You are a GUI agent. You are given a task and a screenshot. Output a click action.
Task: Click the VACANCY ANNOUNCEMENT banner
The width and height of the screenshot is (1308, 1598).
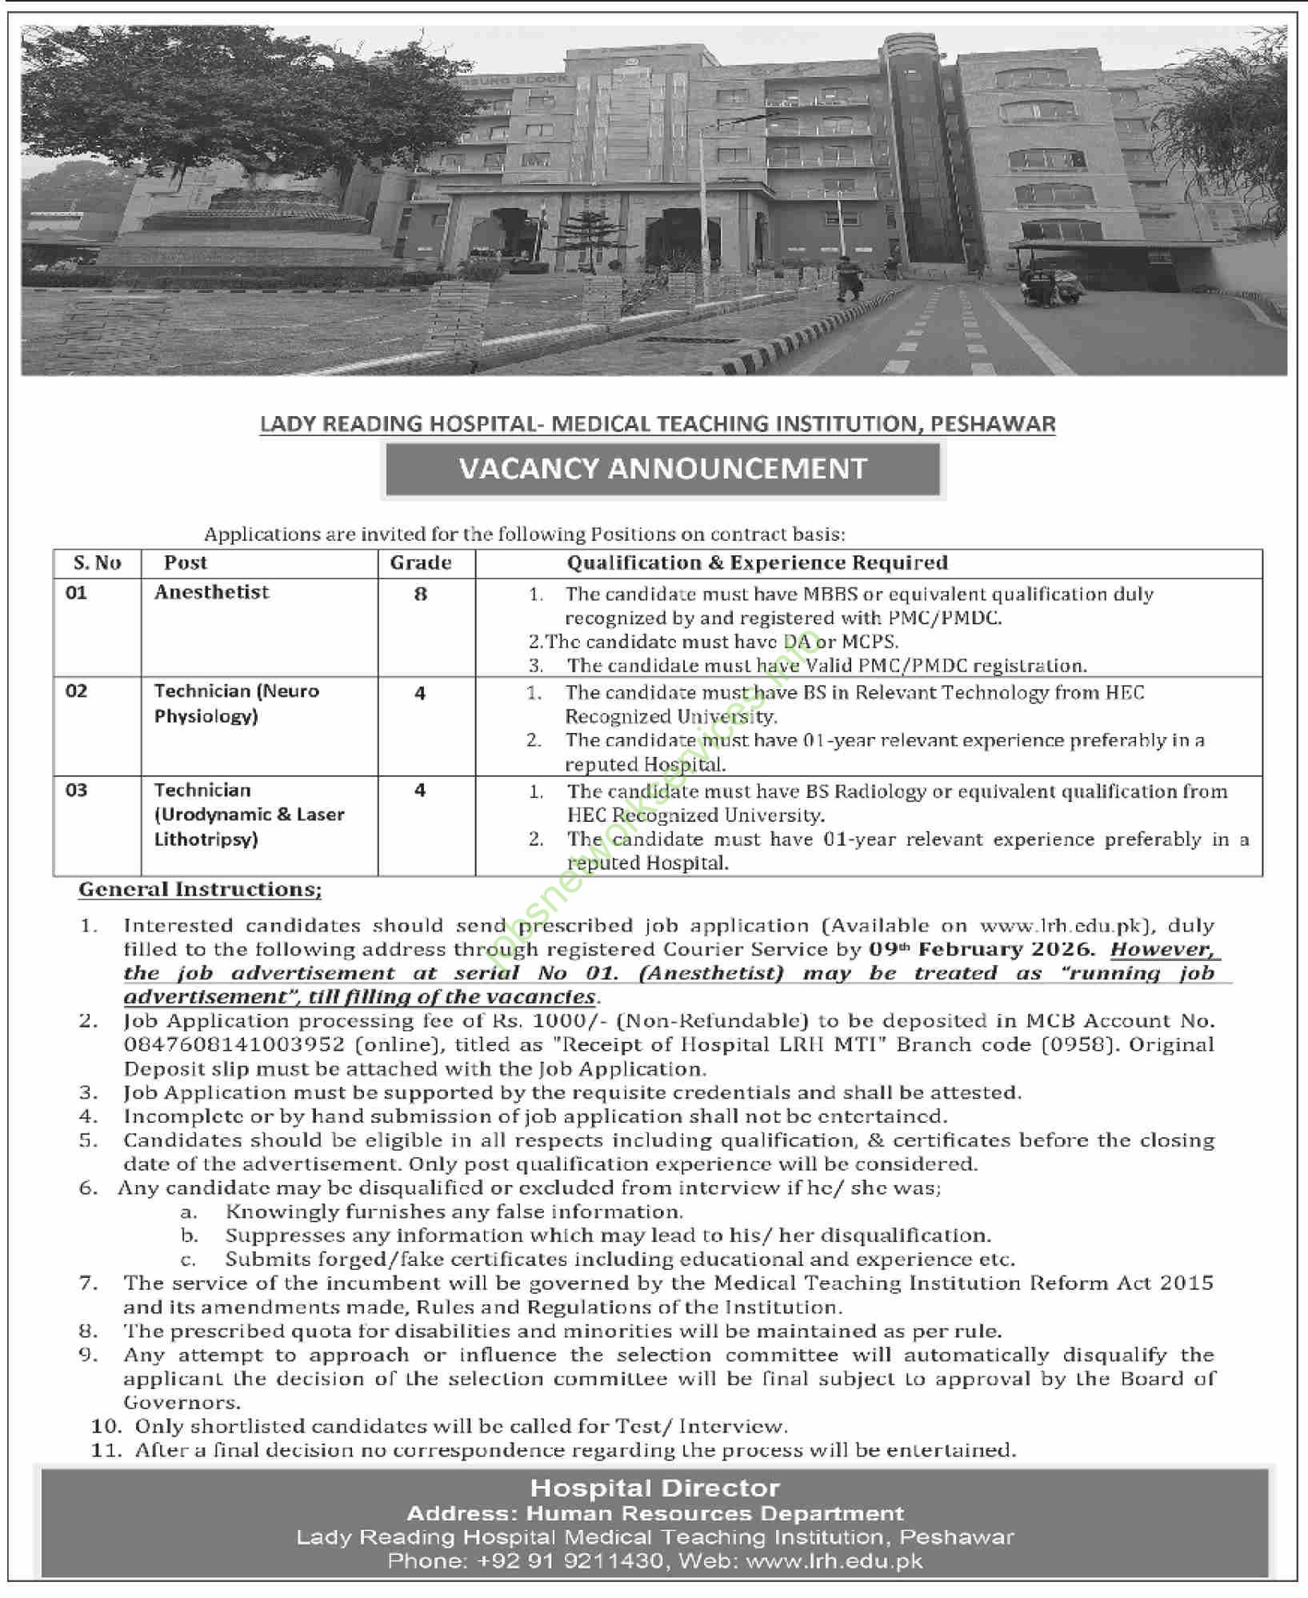[662, 469]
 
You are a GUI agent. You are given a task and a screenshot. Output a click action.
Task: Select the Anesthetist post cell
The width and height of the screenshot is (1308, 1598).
[212, 592]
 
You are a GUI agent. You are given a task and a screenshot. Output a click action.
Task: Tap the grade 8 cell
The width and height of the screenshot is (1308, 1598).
[421, 595]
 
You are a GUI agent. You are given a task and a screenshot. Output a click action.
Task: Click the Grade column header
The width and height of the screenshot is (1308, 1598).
[421, 563]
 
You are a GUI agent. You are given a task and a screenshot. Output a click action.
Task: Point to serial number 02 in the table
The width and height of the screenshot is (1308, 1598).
[77, 691]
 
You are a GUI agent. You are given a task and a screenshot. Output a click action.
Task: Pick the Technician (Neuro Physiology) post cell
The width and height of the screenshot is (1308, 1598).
[237, 703]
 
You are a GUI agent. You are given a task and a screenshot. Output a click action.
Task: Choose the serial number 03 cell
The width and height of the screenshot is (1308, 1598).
[77, 791]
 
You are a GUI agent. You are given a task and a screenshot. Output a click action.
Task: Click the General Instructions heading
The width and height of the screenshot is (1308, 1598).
[200, 890]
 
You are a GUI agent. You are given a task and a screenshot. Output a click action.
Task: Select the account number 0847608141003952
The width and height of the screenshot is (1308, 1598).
[234, 1045]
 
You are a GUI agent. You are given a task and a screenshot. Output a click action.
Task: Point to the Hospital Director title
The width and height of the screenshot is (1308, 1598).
[654, 1489]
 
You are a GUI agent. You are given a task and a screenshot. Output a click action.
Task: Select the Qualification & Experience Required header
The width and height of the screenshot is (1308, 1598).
[757, 563]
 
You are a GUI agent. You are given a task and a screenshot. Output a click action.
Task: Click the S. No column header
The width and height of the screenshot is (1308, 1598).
[97, 563]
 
